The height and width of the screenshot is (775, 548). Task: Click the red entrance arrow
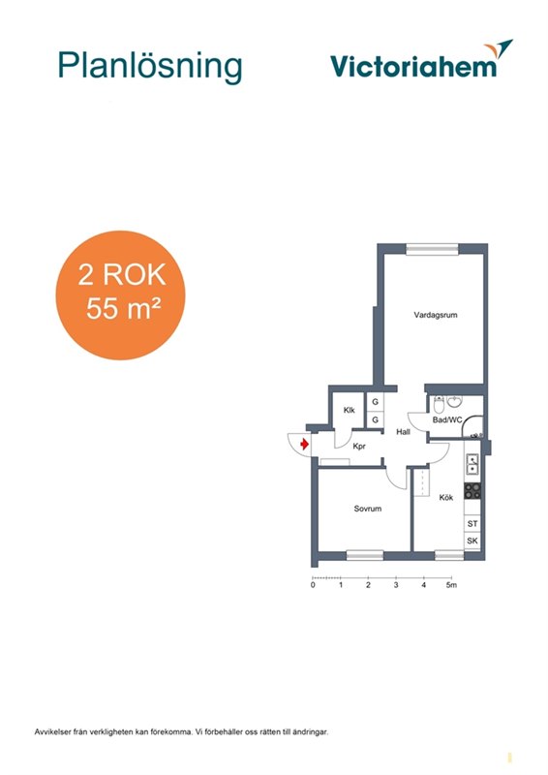304,444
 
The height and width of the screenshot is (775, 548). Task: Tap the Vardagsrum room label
436,315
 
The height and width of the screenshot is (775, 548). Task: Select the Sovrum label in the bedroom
368,509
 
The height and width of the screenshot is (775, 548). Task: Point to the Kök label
446,497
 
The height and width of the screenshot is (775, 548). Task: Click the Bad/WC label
447,420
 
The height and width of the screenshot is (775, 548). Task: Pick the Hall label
403,431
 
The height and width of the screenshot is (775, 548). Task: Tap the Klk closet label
349,410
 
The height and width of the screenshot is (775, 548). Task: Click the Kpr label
359,447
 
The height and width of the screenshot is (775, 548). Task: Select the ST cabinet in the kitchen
472,523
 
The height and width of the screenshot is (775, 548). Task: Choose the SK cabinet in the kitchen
472,541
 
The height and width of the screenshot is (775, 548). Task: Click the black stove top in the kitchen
472,490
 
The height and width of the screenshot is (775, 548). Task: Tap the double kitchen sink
472,464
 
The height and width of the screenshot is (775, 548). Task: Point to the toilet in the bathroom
439,405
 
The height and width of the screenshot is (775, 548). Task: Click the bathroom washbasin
455,401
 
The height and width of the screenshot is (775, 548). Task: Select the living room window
432,250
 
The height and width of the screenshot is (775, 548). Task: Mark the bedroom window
365,555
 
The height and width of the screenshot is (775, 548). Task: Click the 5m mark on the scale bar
451,585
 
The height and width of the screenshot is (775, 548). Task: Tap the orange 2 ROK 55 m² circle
120,295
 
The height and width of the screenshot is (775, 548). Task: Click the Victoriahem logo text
413,66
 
